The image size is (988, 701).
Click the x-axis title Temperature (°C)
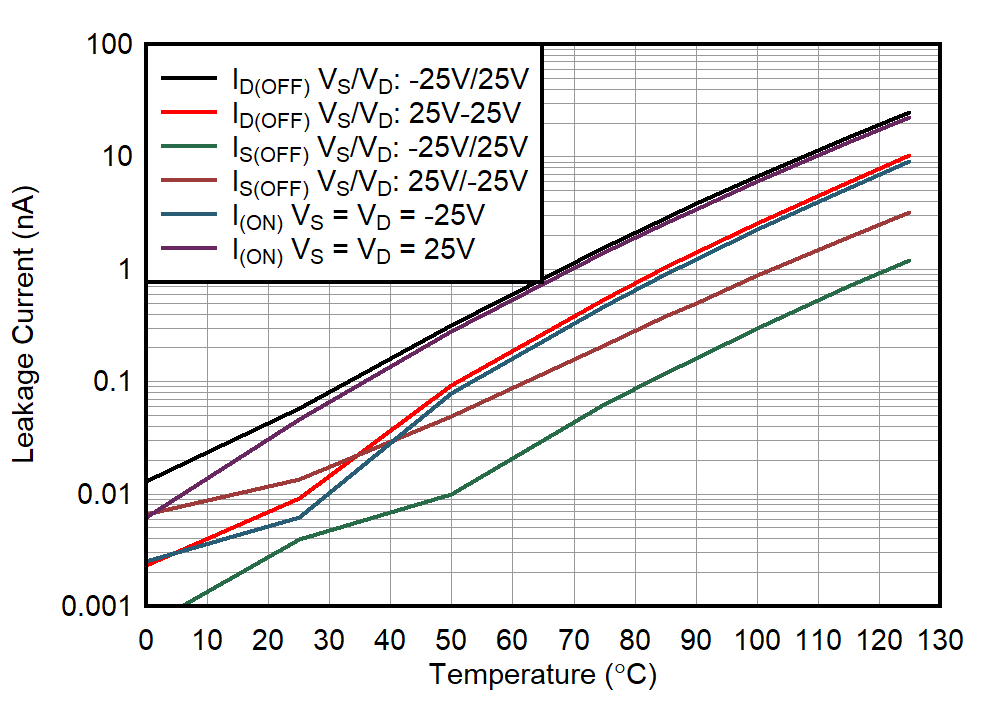click(x=543, y=676)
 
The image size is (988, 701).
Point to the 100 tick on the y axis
click(x=111, y=45)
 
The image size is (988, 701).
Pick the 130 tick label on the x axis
click(x=940, y=639)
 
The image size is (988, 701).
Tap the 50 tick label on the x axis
click(x=451, y=639)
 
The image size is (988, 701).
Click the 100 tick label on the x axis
click(x=757, y=639)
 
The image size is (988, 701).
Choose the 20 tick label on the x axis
click(x=268, y=639)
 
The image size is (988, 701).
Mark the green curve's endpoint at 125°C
click(x=909, y=260)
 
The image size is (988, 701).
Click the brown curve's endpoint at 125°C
click(x=909, y=212)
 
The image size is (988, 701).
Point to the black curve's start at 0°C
click(x=146, y=481)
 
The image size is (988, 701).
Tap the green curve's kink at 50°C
click(x=451, y=494)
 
